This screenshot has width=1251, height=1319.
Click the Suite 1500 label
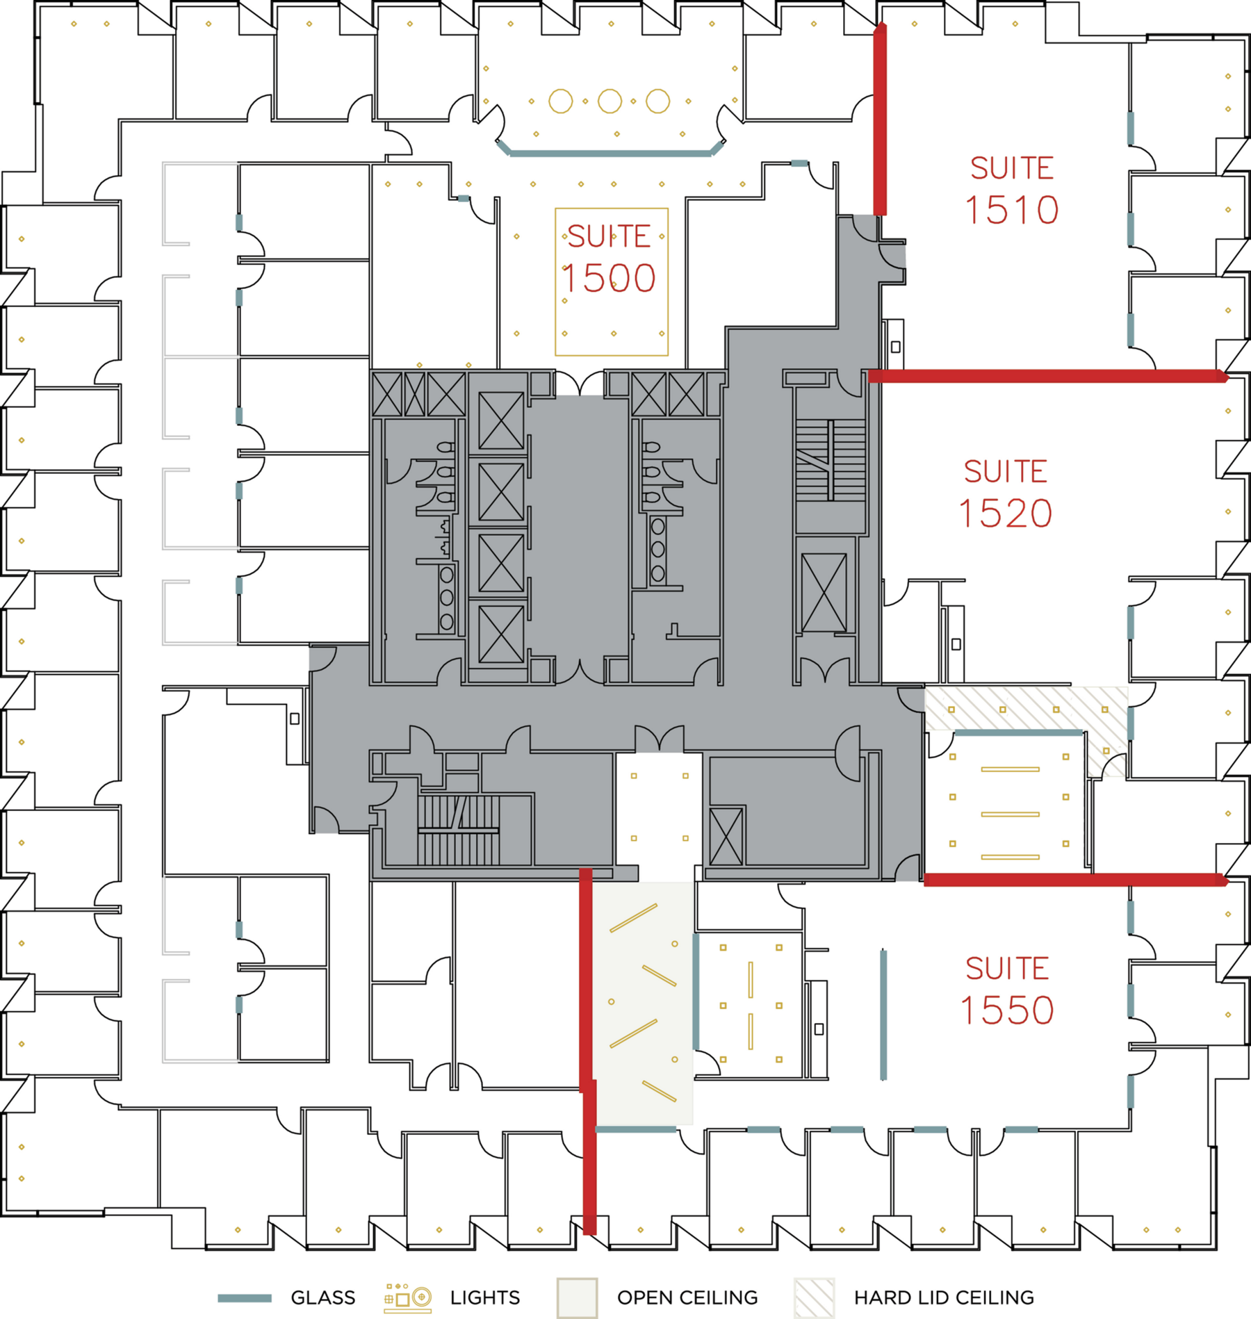pyautogui.click(x=609, y=259)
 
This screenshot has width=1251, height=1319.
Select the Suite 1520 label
pyautogui.click(x=1005, y=493)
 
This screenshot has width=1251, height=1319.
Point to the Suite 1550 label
pyautogui.click(x=1007, y=990)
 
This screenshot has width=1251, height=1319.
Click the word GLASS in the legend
pyautogui.click(x=322, y=1297)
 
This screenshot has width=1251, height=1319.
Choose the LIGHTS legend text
pyautogui.click(x=484, y=1297)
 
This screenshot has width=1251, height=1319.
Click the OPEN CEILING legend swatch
pyautogui.click(x=577, y=1297)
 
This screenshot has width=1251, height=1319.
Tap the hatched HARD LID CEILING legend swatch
pyautogui.click(x=814, y=1297)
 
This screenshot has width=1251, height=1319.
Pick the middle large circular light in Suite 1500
pyautogui.click(x=610, y=101)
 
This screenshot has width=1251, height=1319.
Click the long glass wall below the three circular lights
pyautogui.click(x=610, y=154)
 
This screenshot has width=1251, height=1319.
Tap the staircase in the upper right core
pyautogui.click(x=831, y=459)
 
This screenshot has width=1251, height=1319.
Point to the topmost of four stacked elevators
pyautogui.click(x=500, y=420)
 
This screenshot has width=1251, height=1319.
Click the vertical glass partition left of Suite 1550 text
pyautogui.click(x=883, y=1015)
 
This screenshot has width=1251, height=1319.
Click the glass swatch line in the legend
pyautogui.click(x=245, y=1298)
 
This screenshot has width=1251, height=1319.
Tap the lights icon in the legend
pyautogui.click(x=408, y=1297)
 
